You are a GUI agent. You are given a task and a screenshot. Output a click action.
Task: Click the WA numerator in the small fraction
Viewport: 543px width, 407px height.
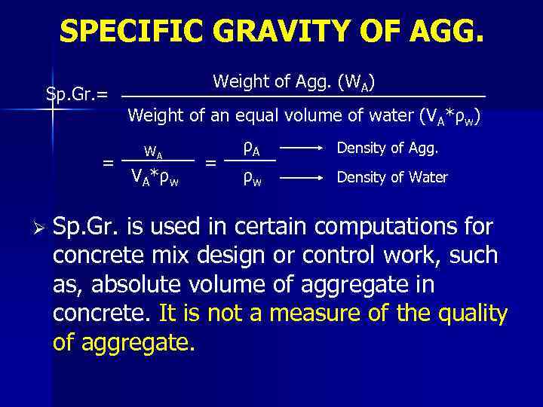click(154, 153)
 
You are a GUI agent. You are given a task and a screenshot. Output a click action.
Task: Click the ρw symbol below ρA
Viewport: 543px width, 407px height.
click(252, 179)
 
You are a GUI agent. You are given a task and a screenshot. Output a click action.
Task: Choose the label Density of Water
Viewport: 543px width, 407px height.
click(392, 178)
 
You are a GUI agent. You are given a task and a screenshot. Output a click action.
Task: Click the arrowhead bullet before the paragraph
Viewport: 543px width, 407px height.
click(35, 227)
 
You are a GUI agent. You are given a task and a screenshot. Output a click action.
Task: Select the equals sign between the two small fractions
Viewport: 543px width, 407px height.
click(212, 162)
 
